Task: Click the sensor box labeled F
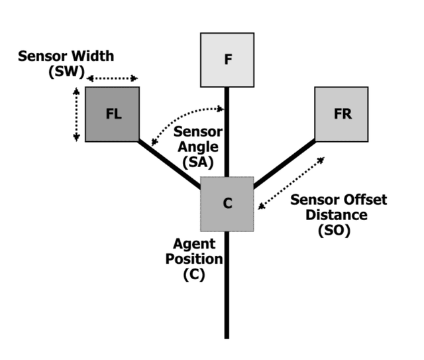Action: tap(227, 60)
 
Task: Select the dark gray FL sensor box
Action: tap(112, 113)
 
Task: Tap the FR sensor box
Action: tap(342, 113)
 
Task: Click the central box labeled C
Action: tap(227, 204)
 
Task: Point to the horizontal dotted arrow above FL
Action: tap(112, 77)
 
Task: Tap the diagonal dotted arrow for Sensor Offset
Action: tap(292, 182)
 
